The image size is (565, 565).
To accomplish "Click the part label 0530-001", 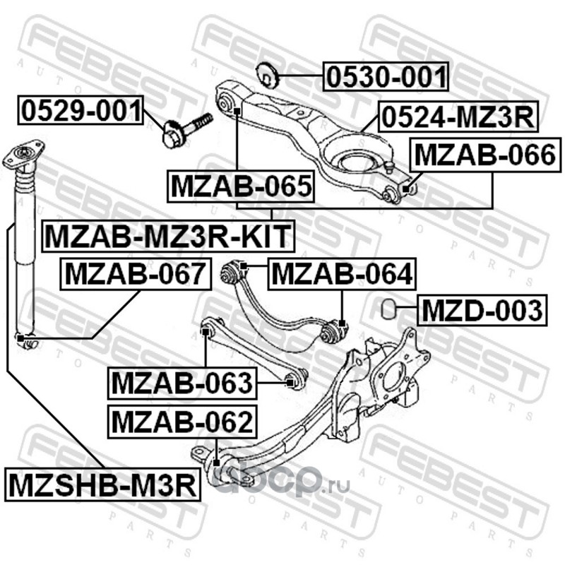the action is point(386,76).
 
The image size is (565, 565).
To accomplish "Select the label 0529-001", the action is point(81,110).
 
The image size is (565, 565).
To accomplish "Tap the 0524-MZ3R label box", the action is point(458,117).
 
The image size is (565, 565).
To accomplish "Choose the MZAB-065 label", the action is point(241,186).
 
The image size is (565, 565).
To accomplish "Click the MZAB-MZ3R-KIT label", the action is point(168,236).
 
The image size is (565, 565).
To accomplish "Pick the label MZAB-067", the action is point(136,275).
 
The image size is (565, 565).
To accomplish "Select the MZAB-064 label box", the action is point(342,275).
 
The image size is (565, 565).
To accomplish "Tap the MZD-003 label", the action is point(482,310).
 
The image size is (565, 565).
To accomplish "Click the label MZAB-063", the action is point(182,383).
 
